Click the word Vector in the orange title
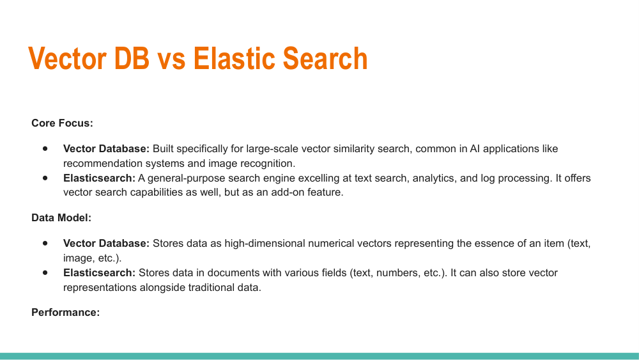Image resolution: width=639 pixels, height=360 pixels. click(67, 59)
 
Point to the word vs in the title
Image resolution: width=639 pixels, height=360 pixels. click(171, 59)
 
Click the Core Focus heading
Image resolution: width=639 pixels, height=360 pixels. click(62, 123)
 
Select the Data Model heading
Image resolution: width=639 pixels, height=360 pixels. click(61, 217)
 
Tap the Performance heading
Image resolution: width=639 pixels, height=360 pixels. click(65, 313)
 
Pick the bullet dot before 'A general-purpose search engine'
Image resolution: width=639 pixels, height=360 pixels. click(45, 178)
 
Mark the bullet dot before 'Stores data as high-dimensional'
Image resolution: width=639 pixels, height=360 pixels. click(45, 244)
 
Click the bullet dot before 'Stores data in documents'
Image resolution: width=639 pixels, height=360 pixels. click(45, 272)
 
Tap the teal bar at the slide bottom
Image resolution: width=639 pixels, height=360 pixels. click(319, 356)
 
